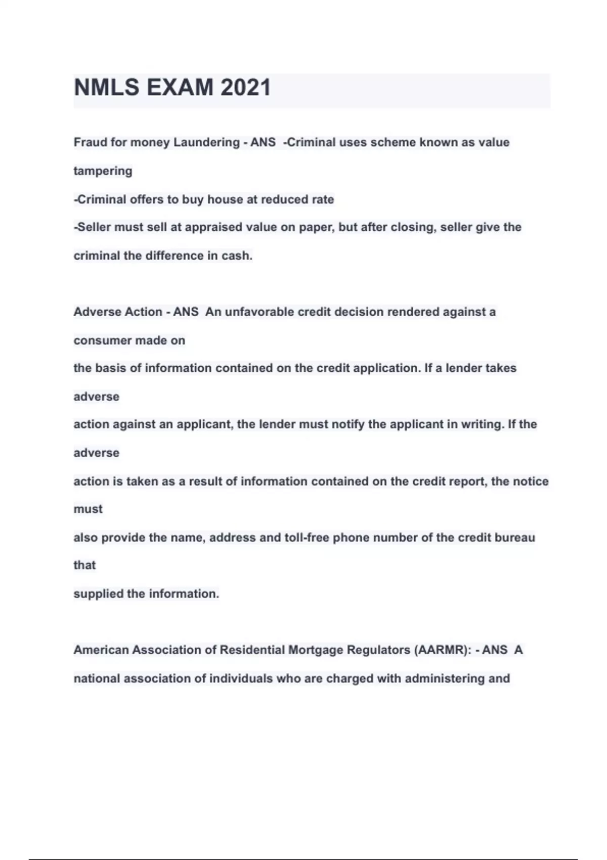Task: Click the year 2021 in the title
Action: (x=245, y=88)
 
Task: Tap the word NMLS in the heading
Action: (x=107, y=88)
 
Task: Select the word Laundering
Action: (x=206, y=142)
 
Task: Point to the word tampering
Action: (x=103, y=171)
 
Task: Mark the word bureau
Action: (x=514, y=537)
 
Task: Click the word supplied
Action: (x=98, y=593)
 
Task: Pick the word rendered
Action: (x=413, y=312)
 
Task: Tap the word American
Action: (x=101, y=650)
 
